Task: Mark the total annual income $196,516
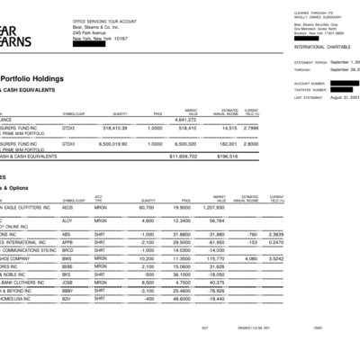pyautogui.click(x=236, y=156)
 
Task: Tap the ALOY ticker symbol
pyautogui.click(x=67, y=220)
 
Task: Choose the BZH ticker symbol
pyautogui.click(x=67, y=300)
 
